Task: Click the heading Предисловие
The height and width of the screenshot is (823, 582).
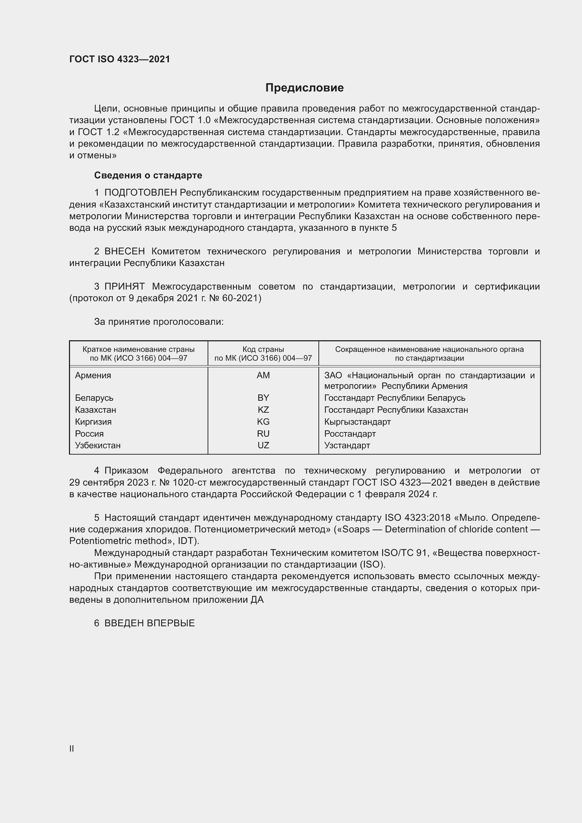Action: (304, 88)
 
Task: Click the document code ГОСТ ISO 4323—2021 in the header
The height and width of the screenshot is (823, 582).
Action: (119, 59)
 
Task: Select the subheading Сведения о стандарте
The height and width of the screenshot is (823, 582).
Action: (148, 175)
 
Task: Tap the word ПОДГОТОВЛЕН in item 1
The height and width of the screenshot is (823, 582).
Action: (140, 193)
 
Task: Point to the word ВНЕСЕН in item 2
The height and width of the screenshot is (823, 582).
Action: (124, 251)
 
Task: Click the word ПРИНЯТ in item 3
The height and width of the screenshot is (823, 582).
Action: (124, 286)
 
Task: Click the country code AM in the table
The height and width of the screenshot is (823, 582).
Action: (263, 375)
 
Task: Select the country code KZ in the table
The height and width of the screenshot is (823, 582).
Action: (263, 410)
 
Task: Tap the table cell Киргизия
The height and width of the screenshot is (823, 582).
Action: (93, 422)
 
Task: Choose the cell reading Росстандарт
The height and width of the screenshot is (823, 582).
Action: (350, 434)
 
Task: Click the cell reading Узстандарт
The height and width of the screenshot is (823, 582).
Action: (347, 445)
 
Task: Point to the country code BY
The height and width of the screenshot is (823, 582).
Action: (263, 398)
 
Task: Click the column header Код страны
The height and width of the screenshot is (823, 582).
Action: (263, 349)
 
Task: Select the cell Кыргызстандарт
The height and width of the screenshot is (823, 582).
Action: (357, 422)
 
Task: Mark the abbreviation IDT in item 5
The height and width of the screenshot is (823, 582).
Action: (186, 541)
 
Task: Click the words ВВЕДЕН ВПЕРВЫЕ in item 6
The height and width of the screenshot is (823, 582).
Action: (150, 623)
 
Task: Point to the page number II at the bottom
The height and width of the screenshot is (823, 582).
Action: (72, 748)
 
